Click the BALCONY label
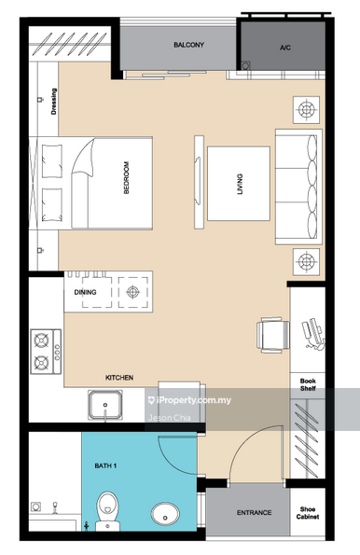pyautogui.click(x=189, y=45)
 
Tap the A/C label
pyautogui.click(x=284, y=46)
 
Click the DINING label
pyautogui.click(x=85, y=292)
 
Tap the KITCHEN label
pyautogui.click(x=118, y=378)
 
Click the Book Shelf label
pyautogui.click(x=307, y=386)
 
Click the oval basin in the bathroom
pyautogui.click(x=167, y=513)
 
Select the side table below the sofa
pyautogui.click(x=305, y=258)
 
